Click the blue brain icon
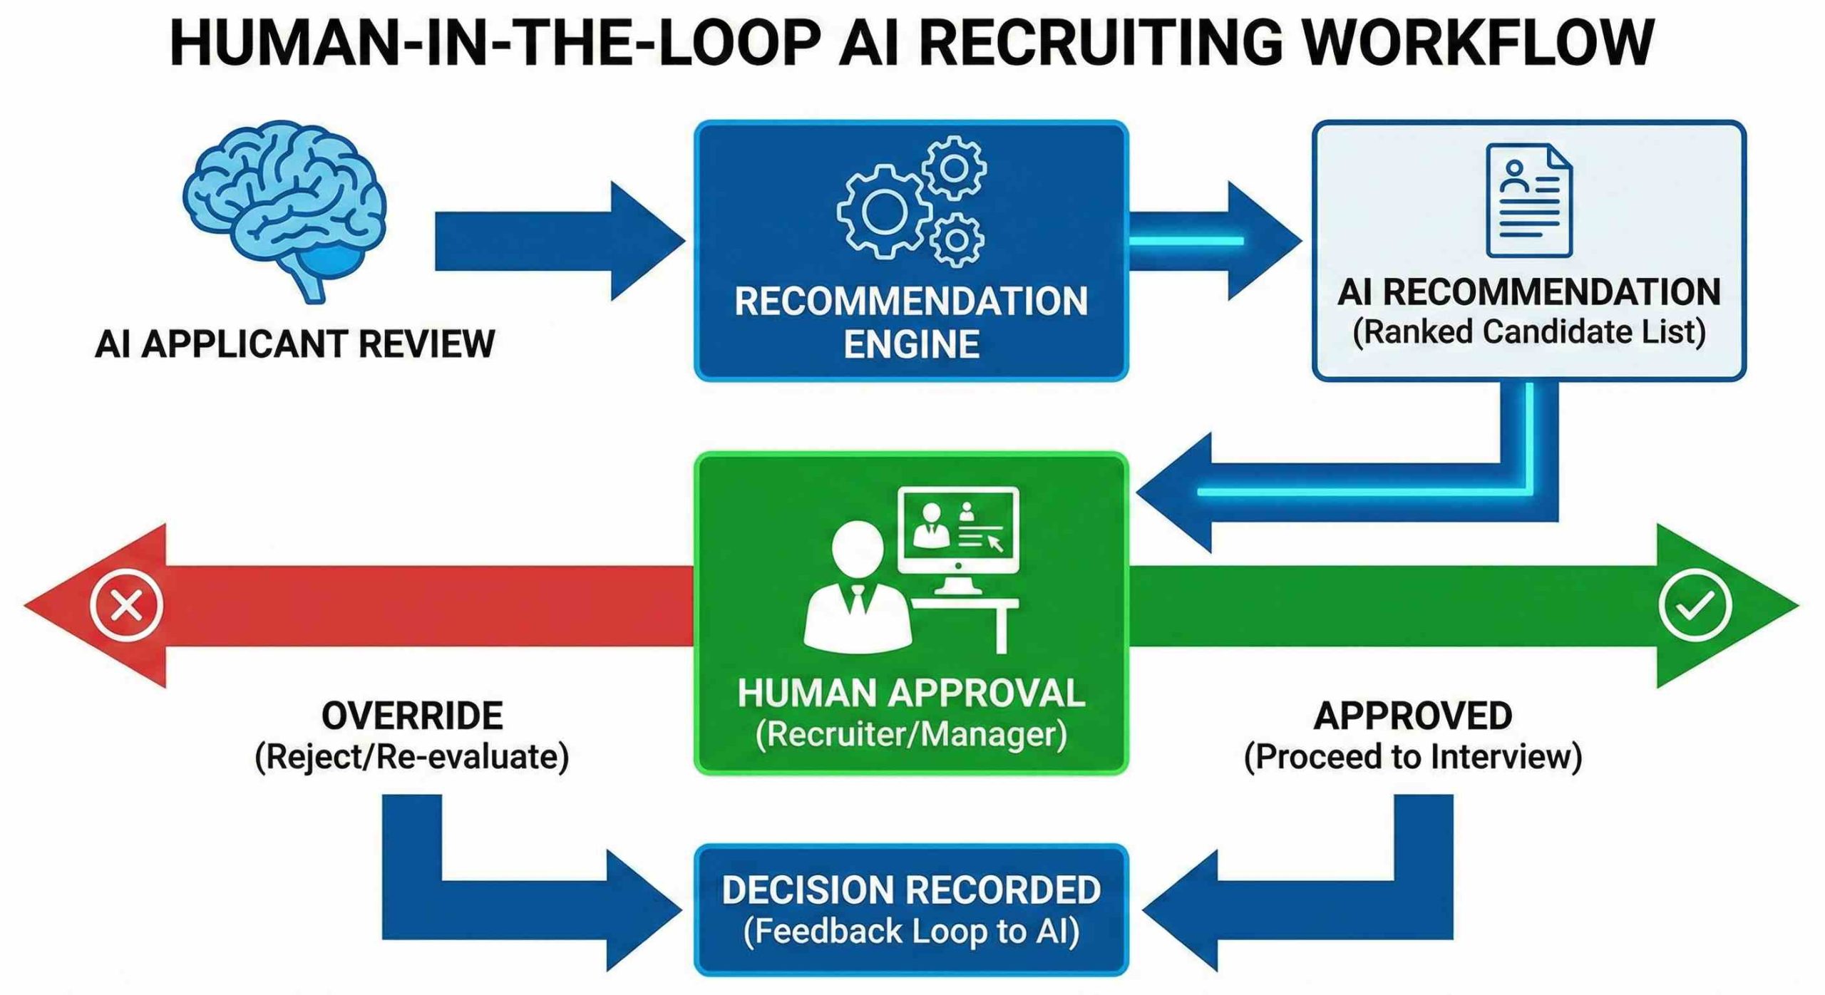point(284,207)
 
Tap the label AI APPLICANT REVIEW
point(294,344)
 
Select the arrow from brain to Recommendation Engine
point(556,241)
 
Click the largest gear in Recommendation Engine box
point(884,211)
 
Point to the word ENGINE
point(911,345)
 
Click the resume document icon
point(1528,200)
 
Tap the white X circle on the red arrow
point(127,606)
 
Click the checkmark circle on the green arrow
point(1695,606)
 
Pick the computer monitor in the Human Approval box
point(958,531)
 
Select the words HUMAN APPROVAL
point(911,694)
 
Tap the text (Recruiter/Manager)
point(911,735)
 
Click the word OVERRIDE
point(412,716)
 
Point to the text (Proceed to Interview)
point(1412,757)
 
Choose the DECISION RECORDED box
point(911,910)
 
